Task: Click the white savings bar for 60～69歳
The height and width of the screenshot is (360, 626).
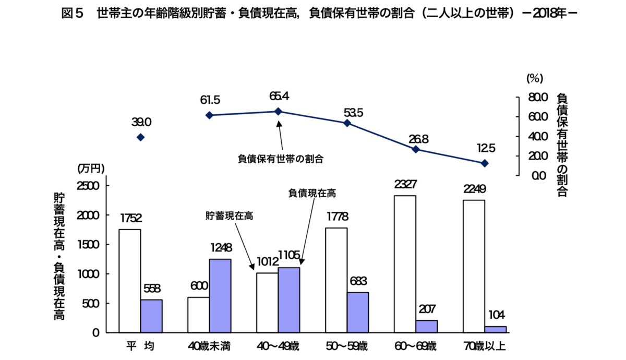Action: click(x=405, y=264)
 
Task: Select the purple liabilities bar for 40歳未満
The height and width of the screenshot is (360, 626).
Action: click(x=220, y=296)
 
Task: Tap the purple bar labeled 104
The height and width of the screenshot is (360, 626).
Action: click(x=496, y=330)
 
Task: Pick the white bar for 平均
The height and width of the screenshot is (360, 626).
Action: click(x=130, y=281)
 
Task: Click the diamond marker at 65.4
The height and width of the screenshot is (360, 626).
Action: click(x=279, y=112)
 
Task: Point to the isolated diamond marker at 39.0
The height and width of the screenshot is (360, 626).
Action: click(x=140, y=137)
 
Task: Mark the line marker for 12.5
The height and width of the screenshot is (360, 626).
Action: click(x=485, y=163)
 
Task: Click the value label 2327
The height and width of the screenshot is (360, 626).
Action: click(x=405, y=185)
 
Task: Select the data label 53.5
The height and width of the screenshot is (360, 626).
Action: click(x=353, y=113)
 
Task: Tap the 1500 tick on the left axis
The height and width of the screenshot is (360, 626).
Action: click(x=88, y=245)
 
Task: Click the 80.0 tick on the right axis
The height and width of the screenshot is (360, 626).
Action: click(x=538, y=98)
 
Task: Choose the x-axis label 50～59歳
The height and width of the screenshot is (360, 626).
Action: click(x=346, y=346)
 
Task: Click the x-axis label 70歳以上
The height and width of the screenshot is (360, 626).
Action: click(x=485, y=346)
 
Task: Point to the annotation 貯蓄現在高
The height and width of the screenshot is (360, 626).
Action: click(x=229, y=216)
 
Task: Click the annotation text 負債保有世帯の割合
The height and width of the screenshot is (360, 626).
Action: click(x=281, y=159)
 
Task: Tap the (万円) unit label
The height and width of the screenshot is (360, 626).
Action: click(x=91, y=169)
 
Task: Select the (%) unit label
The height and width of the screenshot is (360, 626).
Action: click(x=535, y=79)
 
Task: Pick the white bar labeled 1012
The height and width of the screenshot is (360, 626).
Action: click(x=267, y=303)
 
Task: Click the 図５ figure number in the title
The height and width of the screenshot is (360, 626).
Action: click(x=73, y=14)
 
